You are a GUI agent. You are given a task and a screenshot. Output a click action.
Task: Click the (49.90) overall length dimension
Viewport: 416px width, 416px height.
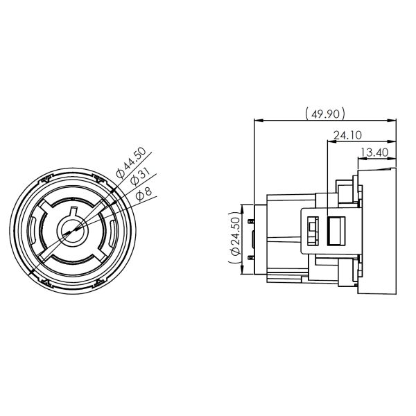click(324, 113)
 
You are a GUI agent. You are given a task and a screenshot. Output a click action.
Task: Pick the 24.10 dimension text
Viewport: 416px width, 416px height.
click(345, 136)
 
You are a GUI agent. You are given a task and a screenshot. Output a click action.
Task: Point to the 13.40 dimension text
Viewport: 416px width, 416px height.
click(373, 152)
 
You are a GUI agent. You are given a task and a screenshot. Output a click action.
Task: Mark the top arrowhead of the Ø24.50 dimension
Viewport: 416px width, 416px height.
click(241, 207)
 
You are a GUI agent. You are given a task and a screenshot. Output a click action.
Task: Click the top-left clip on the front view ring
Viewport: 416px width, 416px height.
click(46, 179)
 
